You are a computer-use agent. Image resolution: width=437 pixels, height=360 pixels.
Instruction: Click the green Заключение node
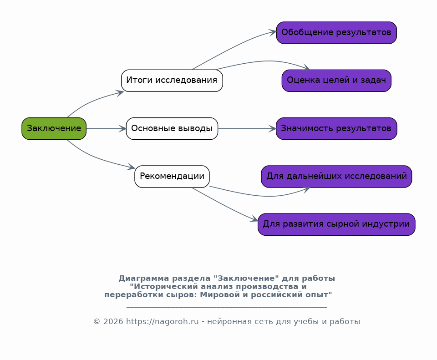click(54, 128)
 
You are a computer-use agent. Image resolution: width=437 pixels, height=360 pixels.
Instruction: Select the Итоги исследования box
click(172, 81)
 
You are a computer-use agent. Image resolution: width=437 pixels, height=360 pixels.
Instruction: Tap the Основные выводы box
click(172, 128)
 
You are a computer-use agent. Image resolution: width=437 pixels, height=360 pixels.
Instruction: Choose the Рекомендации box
click(172, 177)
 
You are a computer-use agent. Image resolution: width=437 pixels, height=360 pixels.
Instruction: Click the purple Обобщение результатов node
click(336, 33)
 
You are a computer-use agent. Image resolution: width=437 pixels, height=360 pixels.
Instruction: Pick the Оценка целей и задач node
click(336, 81)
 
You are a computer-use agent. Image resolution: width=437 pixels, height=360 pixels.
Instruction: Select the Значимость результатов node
click(336, 128)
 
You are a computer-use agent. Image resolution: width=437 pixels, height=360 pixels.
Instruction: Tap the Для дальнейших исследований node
click(336, 177)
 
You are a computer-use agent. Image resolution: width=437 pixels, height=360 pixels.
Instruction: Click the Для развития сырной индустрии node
click(336, 224)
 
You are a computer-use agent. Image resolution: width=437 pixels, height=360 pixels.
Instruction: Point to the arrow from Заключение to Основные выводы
click(106, 129)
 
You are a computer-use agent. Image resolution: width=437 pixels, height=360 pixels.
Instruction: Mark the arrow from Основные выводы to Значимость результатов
click(247, 129)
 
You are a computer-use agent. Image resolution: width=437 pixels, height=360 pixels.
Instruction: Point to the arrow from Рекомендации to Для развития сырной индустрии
click(225, 205)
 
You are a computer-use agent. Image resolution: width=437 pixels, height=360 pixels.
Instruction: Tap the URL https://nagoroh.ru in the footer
click(163, 322)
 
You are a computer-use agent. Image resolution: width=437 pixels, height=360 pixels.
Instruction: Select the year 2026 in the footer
click(114, 322)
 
